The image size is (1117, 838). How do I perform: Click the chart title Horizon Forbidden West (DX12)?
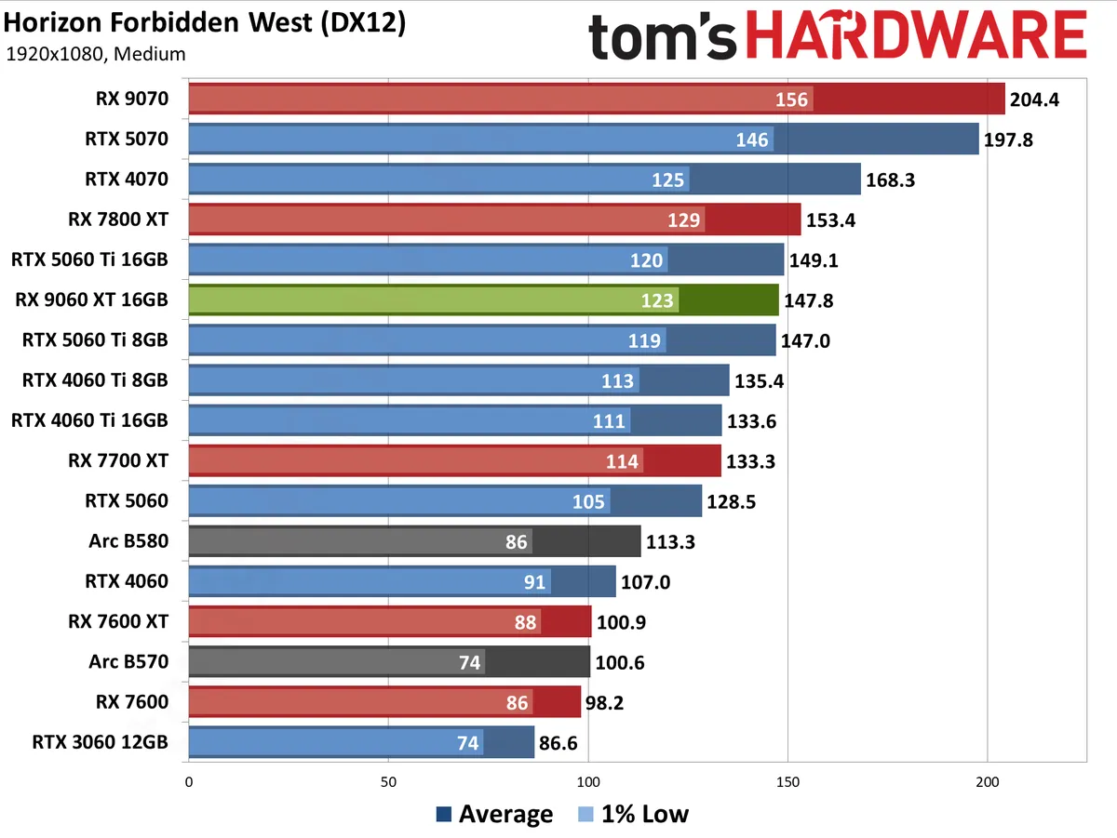point(206,22)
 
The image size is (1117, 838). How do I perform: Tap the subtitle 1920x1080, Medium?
point(96,54)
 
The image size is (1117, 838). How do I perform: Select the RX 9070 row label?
point(131,99)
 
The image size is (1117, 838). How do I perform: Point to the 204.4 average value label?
point(1034,100)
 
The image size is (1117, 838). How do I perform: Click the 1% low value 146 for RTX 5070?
point(752,140)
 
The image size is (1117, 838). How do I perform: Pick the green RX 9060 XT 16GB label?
point(91,299)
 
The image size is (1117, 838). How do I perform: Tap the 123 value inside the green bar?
point(658,300)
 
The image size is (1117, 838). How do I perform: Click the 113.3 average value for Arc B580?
point(670,542)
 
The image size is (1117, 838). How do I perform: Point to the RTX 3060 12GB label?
point(100,742)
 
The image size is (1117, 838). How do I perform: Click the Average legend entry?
point(494,815)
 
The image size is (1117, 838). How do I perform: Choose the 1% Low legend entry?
point(633,815)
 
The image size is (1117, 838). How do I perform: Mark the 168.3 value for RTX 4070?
point(890,180)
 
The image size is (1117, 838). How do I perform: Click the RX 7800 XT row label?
point(118,219)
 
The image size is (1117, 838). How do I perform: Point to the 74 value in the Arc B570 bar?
point(469,662)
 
